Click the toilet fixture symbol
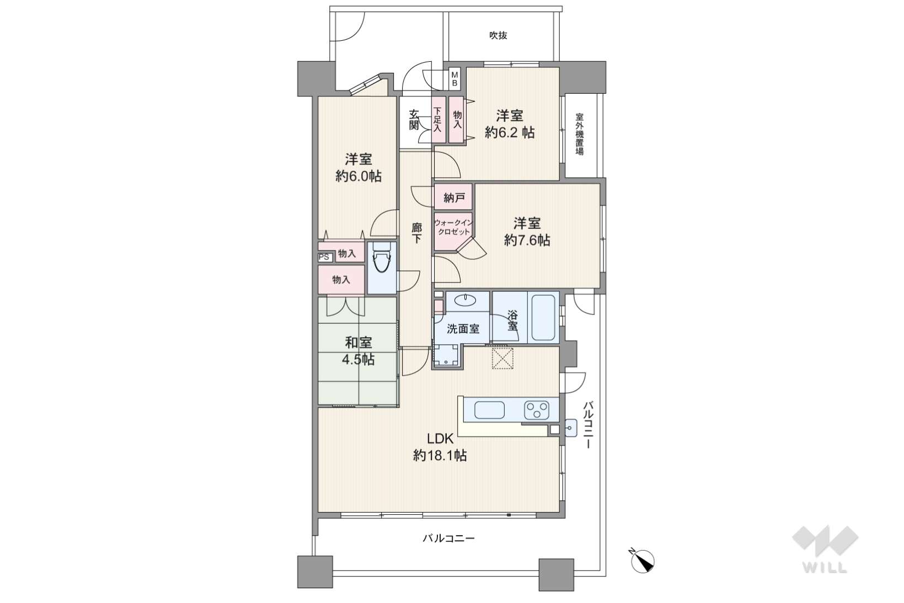381,258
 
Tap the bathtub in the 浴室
543,318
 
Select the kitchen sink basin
489,410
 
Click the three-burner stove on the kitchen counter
536,410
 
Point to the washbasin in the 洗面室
465,300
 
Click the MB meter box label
454,79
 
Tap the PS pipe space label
324,257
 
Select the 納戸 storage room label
454,198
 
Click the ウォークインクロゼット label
453,227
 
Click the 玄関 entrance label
414,120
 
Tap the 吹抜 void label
498,35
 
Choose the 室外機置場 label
580,135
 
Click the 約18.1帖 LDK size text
440,456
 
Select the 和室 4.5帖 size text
359,359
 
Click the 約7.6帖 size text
527,240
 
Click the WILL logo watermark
825,549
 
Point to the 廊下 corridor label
416,233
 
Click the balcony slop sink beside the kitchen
571,428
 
